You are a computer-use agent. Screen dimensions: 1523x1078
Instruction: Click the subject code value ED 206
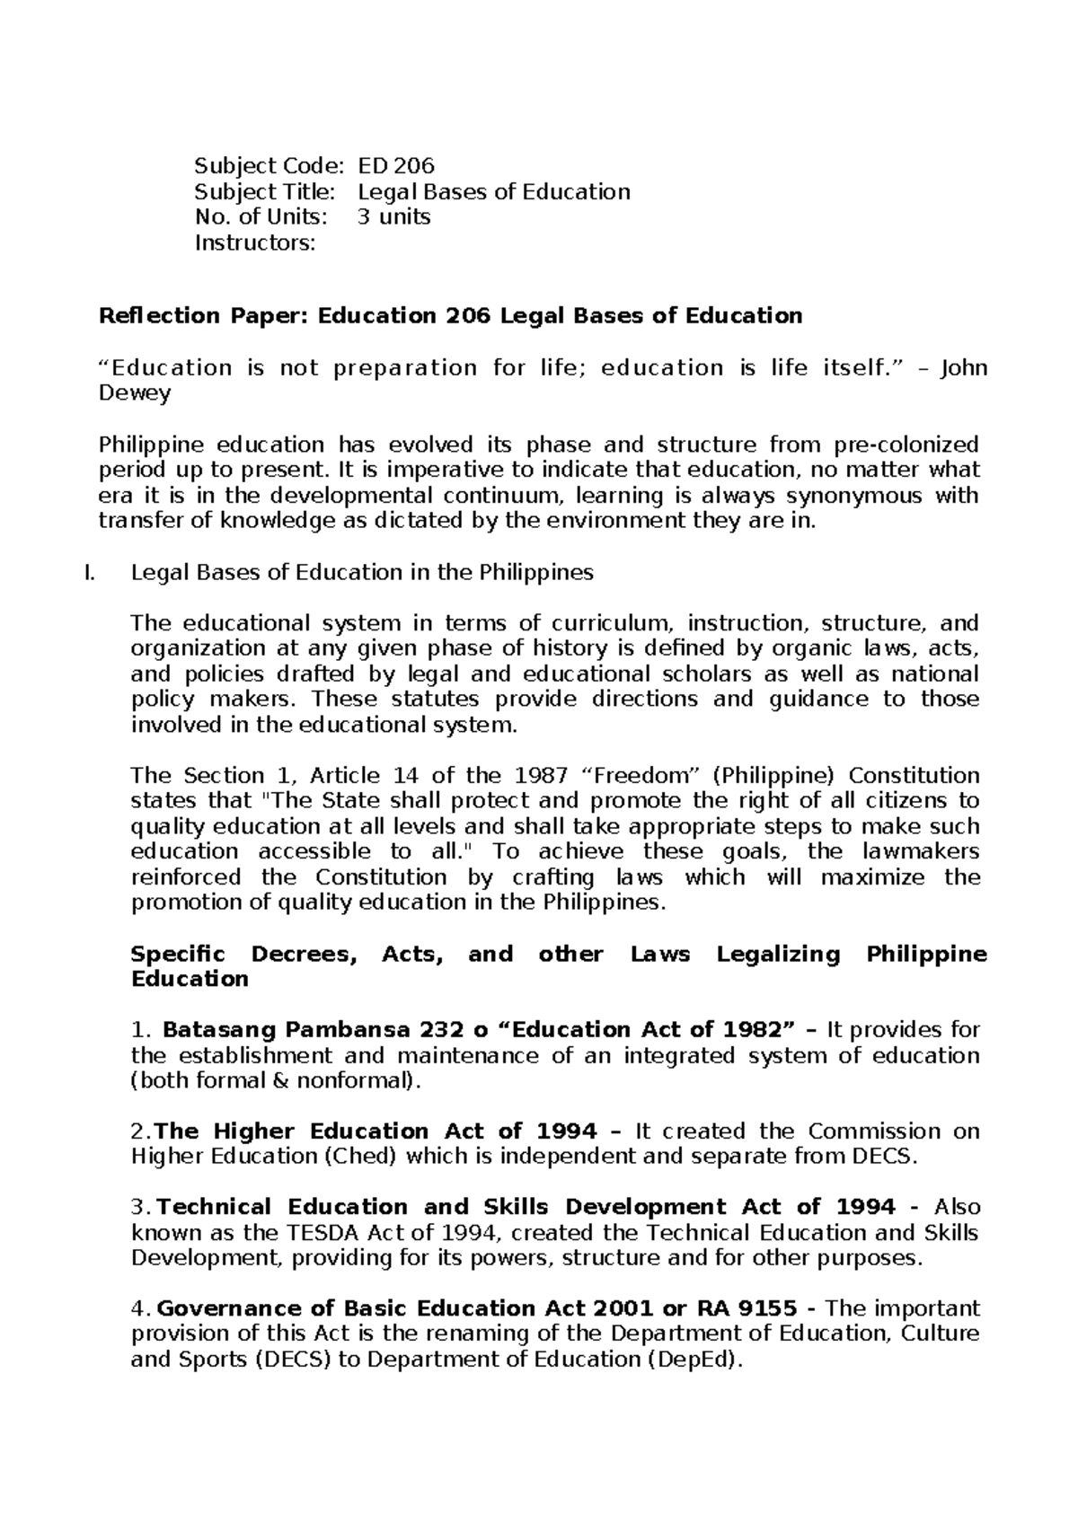click(395, 166)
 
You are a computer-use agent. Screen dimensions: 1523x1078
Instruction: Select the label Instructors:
click(255, 242)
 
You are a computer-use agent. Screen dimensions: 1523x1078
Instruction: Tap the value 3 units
click(393, 216)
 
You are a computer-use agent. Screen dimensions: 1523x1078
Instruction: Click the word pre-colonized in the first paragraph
click(906, 445)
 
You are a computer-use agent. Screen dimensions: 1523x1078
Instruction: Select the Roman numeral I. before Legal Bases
click(87, 572)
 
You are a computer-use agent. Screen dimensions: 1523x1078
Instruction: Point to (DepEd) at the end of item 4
click(694, 1360)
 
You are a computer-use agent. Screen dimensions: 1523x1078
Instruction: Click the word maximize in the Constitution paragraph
click(876, 876)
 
